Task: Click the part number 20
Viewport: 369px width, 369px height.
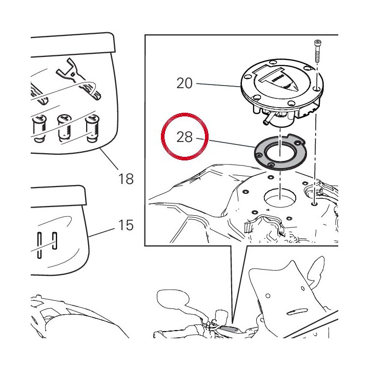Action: [184, 84]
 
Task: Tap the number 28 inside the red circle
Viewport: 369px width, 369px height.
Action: [184, 137]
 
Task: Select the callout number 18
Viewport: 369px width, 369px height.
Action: [126, 179]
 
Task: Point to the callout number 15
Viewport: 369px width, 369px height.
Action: [126, 225]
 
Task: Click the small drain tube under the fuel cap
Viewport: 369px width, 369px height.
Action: [268, 119]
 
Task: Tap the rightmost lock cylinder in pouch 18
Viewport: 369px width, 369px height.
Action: [92, 128]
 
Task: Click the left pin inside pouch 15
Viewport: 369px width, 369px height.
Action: [39, 245]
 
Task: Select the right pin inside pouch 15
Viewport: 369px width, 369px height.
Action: [55, 240]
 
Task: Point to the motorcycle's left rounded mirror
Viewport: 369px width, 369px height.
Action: [173, 298]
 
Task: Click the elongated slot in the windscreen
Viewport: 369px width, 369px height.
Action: [297, 312]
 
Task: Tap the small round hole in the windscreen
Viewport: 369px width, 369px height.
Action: [268, 296]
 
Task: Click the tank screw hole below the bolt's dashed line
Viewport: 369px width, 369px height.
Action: [314, 203]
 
